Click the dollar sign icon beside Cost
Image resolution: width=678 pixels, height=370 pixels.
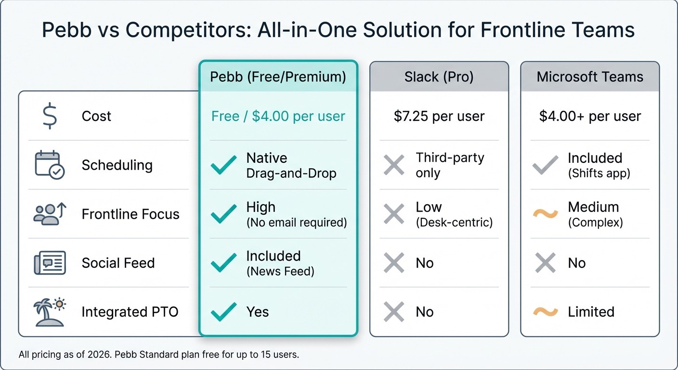[50, 116]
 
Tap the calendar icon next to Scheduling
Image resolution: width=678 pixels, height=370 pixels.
[50, 165]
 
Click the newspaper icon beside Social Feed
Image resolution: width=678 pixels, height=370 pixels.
[50, 263]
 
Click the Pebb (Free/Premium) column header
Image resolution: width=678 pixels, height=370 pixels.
[278, 77]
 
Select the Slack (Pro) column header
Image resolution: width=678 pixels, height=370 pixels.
[439, 77]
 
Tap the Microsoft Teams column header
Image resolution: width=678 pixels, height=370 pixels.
[590, 77]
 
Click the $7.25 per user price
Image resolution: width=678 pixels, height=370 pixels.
[439, 116]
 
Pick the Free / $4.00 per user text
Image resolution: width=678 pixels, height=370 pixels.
[278, 116]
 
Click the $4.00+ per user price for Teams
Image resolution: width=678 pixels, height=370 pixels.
[590, 116]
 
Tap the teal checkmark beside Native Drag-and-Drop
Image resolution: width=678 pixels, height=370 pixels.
[224, 165]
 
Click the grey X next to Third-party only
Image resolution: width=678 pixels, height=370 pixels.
[394, 165]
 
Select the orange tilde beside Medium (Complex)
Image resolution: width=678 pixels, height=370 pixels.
[546, 214]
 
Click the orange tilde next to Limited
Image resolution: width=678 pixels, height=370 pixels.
[546, 312]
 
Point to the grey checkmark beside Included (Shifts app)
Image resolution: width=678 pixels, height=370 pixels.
[546, 165]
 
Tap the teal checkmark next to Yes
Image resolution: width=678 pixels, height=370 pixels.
[224, 312]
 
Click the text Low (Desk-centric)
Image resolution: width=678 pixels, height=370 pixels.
[454, 214]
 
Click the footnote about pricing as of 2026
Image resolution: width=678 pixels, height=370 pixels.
[159, 355]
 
